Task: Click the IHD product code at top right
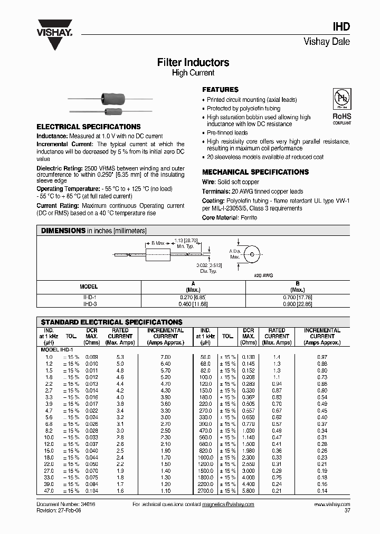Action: pyautogui.click(x=341, y=27)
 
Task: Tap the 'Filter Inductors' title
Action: pyautogui.click(x=193, y=62)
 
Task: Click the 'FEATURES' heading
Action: pyautogui.click(x=221, y=90)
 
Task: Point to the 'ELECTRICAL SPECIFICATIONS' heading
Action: pyautogui.click(x=88, y=127)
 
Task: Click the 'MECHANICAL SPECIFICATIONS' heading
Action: pyautogui.click(x=255, y=172)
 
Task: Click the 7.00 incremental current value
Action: pyautogui.click(x=165, y=357)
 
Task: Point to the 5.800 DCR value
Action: pyautogui.click(x=248, y=491)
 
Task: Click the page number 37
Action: pyautogui.click(x=347, y=511)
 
